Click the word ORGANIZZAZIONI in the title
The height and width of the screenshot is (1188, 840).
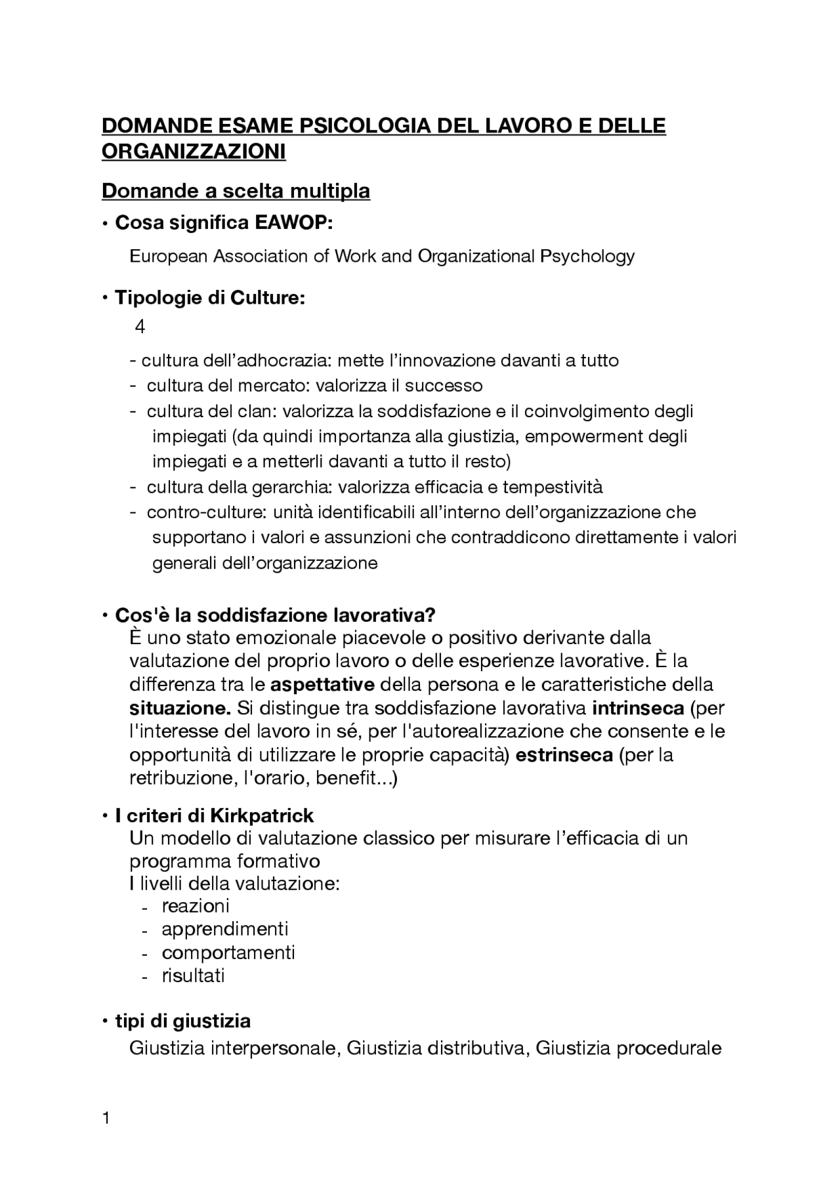pyautogui.click(x=194, y=152)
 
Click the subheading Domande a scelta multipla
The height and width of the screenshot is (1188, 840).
pyautogui.click(x=236, y=191)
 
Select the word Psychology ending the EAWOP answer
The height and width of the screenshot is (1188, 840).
pyautogui.click(x=587, y=256)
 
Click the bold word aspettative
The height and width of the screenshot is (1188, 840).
pyautogui.click(x=322, y=685)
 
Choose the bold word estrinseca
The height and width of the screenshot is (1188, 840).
pyautogui.click(x=564, y=755)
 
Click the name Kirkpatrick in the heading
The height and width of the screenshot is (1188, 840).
pyautogui.click(x=261, y=816)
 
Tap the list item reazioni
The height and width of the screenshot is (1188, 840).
pyautogui.click(x=196, y=907)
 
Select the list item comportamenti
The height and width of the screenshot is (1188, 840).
pyautogui.click(x=228, y=952)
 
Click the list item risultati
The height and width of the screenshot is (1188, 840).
pyautogui.click(x=193, y=976)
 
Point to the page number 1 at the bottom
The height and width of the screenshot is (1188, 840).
pyautogui.click(x=106, y=1118)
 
